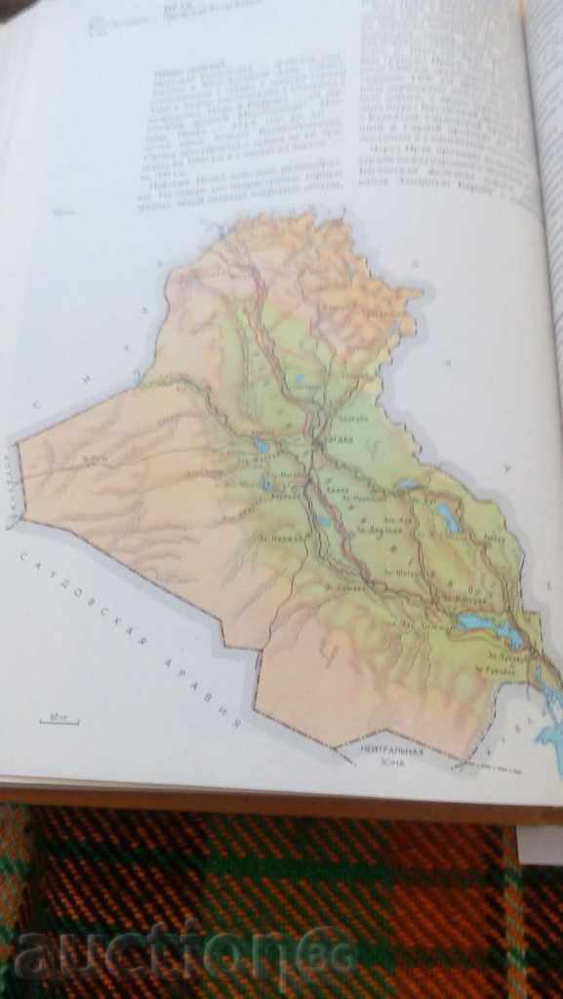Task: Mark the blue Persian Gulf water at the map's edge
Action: (x=552, y=722)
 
